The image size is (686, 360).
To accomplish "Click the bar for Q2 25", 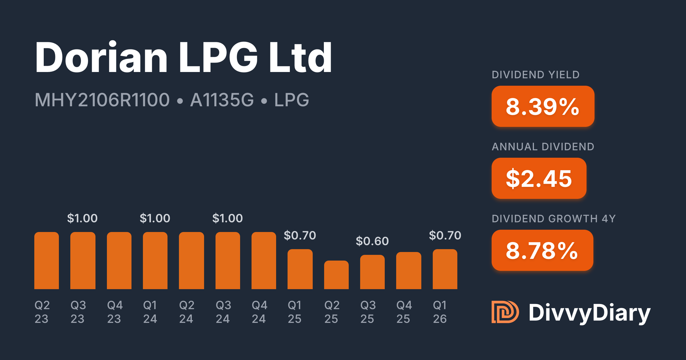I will pos(336,275).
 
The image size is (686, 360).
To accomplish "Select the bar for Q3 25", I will pos(372,272).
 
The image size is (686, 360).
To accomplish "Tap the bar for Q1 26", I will pos(445,269).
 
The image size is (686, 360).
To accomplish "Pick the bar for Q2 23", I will pos(47,261).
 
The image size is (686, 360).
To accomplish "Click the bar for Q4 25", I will pos(408,271).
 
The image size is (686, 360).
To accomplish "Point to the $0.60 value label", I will pos(372,241).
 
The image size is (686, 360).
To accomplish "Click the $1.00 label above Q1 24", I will pos(155,218).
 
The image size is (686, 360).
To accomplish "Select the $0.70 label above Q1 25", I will pos(300,235).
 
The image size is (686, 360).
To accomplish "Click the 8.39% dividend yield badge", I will pos(543,106).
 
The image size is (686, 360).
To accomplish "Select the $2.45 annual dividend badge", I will pos(539,178).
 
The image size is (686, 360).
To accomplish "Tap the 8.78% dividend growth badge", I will pos(542,250).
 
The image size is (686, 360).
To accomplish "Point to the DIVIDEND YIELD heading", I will pos(535,75).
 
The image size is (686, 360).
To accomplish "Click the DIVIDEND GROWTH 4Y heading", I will pos(554,219).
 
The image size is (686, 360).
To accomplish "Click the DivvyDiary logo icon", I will pos(505,312).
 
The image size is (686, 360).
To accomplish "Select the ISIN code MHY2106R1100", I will pos(102,100).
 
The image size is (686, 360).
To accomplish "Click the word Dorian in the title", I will pos(101,57).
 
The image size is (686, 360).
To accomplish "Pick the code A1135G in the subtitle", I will pos(222,100).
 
